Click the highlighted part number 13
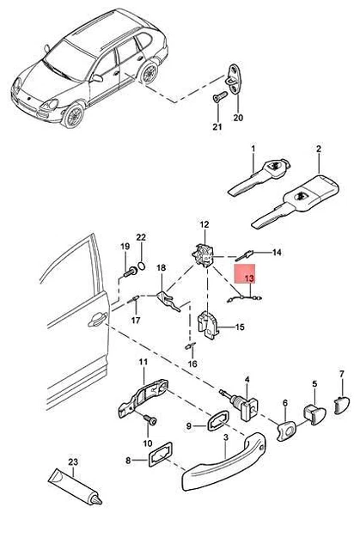(248, 279)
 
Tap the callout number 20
(238, 118)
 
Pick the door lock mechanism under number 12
(205, 254)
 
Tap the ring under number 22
(143, 265)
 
